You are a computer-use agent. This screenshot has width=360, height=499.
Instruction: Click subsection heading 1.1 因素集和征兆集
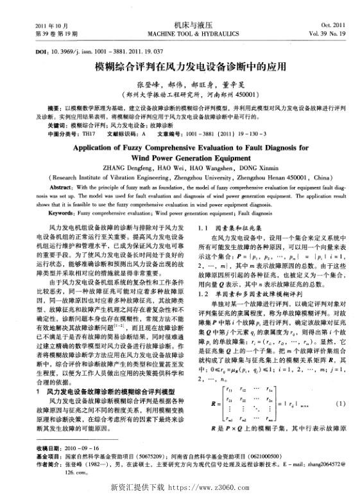[x=227, y=227]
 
